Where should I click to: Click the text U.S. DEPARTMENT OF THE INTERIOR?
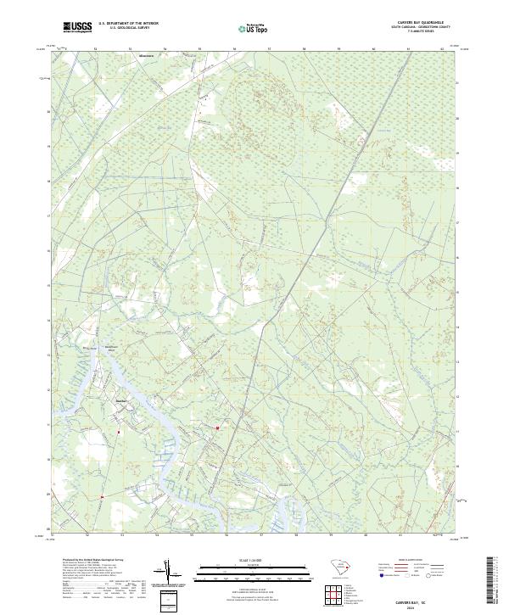point(128,24)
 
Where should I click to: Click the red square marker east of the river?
point(217,428)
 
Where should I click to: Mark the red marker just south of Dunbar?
point(119,433)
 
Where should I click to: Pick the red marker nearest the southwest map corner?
point(101,497)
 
